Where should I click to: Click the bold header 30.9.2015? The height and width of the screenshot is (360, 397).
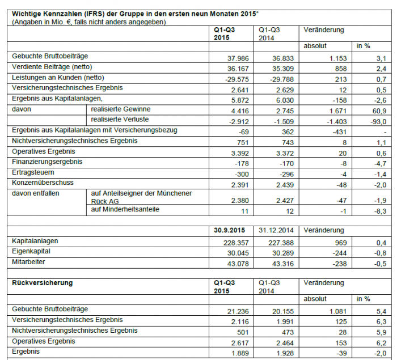coord(229,231)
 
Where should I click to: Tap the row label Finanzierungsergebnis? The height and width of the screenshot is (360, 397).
coord(47,162)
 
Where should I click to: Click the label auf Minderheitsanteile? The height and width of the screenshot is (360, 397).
coord(126,210)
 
